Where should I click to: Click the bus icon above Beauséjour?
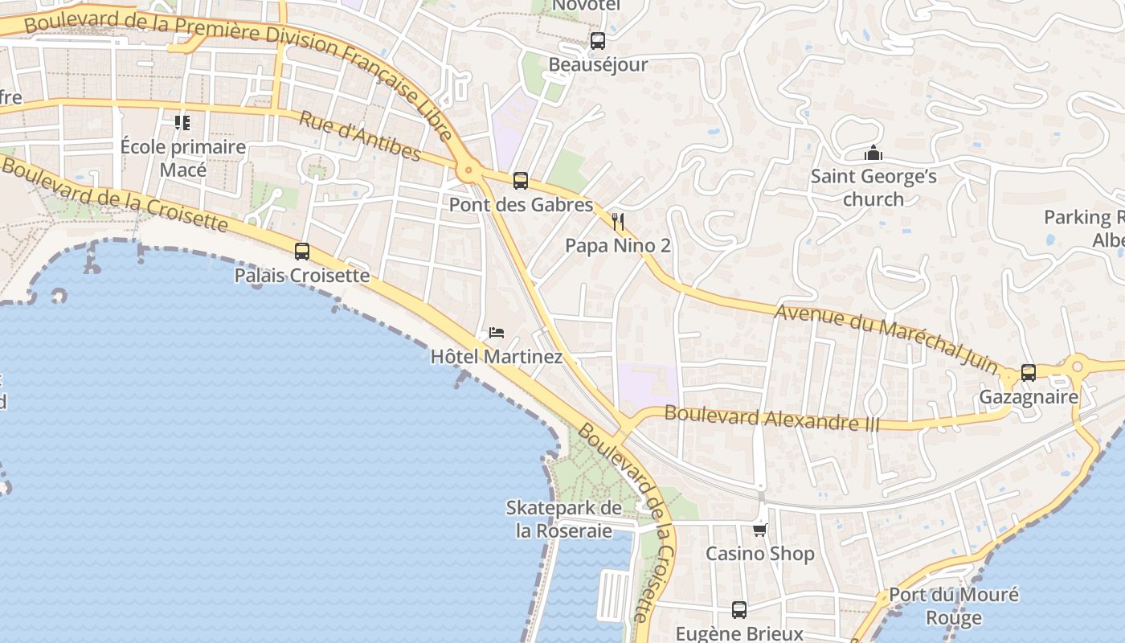pyautogui.click(x=597, y=41)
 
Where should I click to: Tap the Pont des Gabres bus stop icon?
pyautogui.click(x=521, y=181)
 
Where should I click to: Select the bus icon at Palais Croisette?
pyautogui.click(x=302, y=252)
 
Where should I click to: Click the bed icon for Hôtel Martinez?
pyautogui.click(x=497, y=333)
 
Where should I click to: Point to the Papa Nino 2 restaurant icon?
pyautogui.click(x=618, y=222)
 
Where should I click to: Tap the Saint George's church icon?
pyautogui.click(x=873, y=153)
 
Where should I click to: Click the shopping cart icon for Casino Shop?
pyautogui.click(x=759, y=530)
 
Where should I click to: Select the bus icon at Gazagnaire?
pyautogui.click(x=1029, y=373)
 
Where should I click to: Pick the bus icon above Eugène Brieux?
pyautogui.click(x=739, y=610)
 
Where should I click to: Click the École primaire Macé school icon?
pyautogui.click(x=182, y=123)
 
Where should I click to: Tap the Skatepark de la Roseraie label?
pyautogui.click(x=563, y=519)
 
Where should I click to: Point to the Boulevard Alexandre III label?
pyautogui.click(x=772, y=419)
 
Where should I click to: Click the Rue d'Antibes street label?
pyautogui.click(x=360, y=136)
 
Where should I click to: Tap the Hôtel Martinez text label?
pyautogui.click(x=497, y=356)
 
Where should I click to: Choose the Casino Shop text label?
pyautogui.click(x=759, y=554)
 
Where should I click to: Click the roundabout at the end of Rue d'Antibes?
pyautogui.click(x=468, y=170)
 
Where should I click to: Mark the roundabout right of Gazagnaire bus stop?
pyautogui.click(x=1078, y=367)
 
